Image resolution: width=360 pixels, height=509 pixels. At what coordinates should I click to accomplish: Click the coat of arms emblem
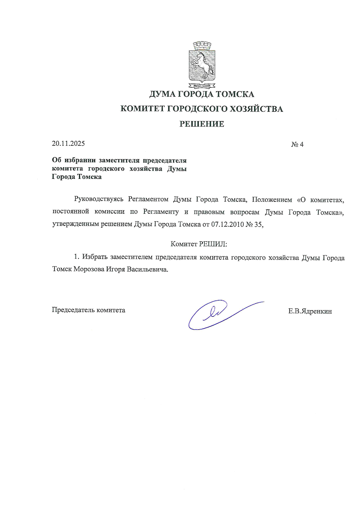202,65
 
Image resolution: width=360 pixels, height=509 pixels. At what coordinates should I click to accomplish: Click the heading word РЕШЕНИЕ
202,124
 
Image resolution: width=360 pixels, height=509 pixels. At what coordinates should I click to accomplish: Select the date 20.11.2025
68,143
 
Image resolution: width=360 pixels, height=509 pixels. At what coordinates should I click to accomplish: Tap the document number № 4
297,144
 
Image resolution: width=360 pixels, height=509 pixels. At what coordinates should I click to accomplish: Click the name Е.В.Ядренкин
310,312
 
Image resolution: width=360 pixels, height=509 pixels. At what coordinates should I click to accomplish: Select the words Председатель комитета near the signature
89,310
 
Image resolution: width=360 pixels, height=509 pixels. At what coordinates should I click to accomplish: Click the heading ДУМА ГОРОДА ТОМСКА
202,94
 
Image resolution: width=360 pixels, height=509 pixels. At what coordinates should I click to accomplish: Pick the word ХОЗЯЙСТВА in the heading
256,109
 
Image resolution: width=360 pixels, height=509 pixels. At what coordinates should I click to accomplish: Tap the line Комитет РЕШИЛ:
199,244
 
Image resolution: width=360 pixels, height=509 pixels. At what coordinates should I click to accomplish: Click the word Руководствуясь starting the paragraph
99,199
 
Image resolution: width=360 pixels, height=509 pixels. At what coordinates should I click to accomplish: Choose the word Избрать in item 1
95,257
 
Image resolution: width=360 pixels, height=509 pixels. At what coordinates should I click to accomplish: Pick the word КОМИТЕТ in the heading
141,109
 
